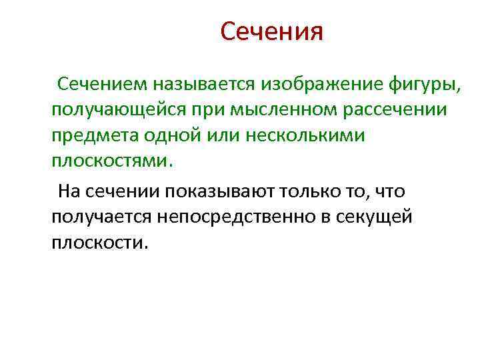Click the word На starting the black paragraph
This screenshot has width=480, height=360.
coord(68,192)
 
